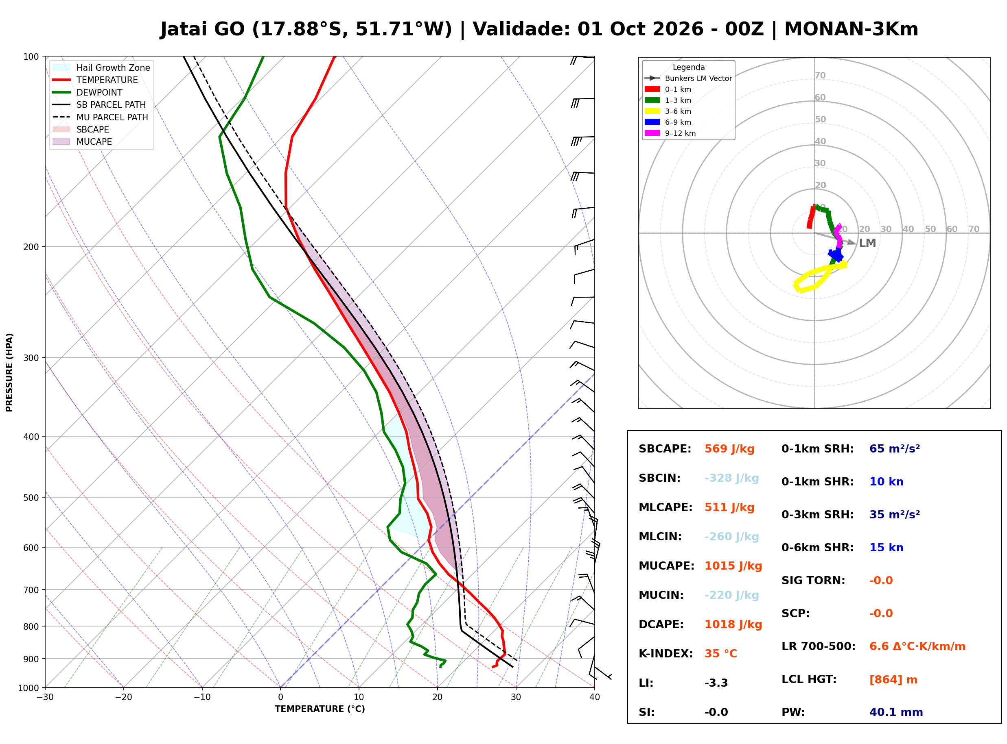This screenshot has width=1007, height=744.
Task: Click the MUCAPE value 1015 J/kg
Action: [733, 566]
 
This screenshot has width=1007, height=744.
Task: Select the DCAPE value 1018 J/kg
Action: [733, 624]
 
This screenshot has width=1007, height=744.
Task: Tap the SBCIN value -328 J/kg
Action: [731, 478]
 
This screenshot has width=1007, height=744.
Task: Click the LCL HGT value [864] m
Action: [893, 680]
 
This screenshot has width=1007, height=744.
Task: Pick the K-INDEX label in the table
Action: [665, 654]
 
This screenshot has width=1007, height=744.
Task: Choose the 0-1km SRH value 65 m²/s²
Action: [894, 449]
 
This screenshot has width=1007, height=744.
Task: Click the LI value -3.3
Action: [716, 683]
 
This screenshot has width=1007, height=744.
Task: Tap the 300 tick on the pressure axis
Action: [31, 358]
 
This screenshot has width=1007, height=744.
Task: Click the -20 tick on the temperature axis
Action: [123, 698]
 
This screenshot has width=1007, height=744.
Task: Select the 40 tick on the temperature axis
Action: [595, 698]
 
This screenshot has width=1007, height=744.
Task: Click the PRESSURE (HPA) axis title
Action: [9, 372]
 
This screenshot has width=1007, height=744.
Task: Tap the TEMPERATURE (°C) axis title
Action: [320, 709]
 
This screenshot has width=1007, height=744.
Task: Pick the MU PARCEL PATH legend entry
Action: [100, 117]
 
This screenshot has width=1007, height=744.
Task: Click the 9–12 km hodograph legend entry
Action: [670, 133]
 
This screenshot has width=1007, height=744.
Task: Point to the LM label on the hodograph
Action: [867, 243]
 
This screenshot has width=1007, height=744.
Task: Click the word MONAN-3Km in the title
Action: [851, 29]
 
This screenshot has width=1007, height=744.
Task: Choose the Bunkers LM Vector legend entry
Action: [688, 78]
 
